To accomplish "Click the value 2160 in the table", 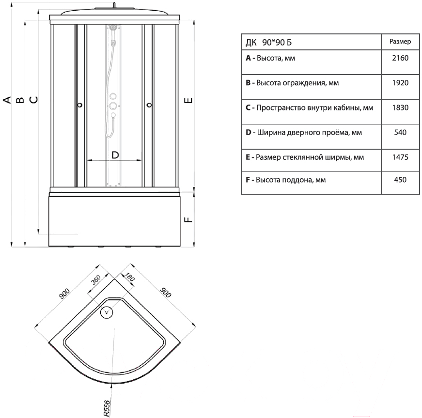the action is [400, 58].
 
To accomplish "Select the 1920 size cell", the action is [400, 83].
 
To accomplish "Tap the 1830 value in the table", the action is [400, 108].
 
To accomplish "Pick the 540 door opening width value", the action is [400, 132].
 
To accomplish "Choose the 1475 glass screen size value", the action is [400, 157].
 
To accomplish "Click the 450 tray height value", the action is [400, 180].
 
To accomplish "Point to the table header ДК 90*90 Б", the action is [268, 43].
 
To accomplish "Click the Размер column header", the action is [400, 42].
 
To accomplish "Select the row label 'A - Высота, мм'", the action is [270, 58].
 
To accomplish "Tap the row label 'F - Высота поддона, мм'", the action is [285, 180].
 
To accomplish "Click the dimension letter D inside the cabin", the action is [115, 155].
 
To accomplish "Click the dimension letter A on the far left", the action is [7, 100].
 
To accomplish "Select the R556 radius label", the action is [107, 408].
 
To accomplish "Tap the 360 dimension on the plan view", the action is [96, 280].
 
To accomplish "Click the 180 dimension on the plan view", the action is [129, 277].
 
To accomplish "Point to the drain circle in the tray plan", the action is [107, 312].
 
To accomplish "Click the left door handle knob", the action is [79, 105].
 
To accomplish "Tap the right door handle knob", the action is [149, 105].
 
